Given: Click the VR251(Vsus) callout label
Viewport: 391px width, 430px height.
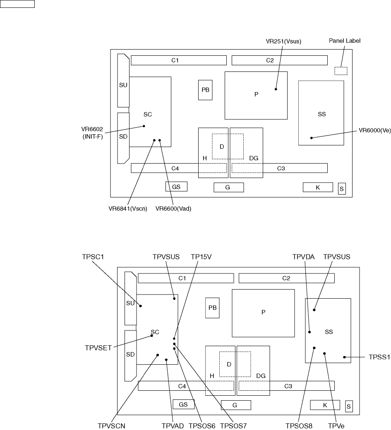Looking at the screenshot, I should pos(283,41).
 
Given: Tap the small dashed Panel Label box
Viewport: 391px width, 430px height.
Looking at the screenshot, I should pos(341,71).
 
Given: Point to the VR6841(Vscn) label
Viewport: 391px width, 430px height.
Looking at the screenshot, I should pos(125,209).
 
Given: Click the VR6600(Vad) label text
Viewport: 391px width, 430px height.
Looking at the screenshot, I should pos(173,209).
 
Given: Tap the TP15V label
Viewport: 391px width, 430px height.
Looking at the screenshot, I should pos(201,256).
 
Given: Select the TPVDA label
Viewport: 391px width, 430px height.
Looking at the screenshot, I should pos(304,256).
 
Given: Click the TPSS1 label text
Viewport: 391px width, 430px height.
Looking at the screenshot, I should pos(379,358).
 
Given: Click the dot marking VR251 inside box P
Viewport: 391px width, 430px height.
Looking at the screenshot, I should pos(276,89).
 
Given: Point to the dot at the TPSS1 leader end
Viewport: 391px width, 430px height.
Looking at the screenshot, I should pos(344,357).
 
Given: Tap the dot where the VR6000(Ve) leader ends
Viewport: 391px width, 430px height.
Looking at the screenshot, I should pos(312,138).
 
